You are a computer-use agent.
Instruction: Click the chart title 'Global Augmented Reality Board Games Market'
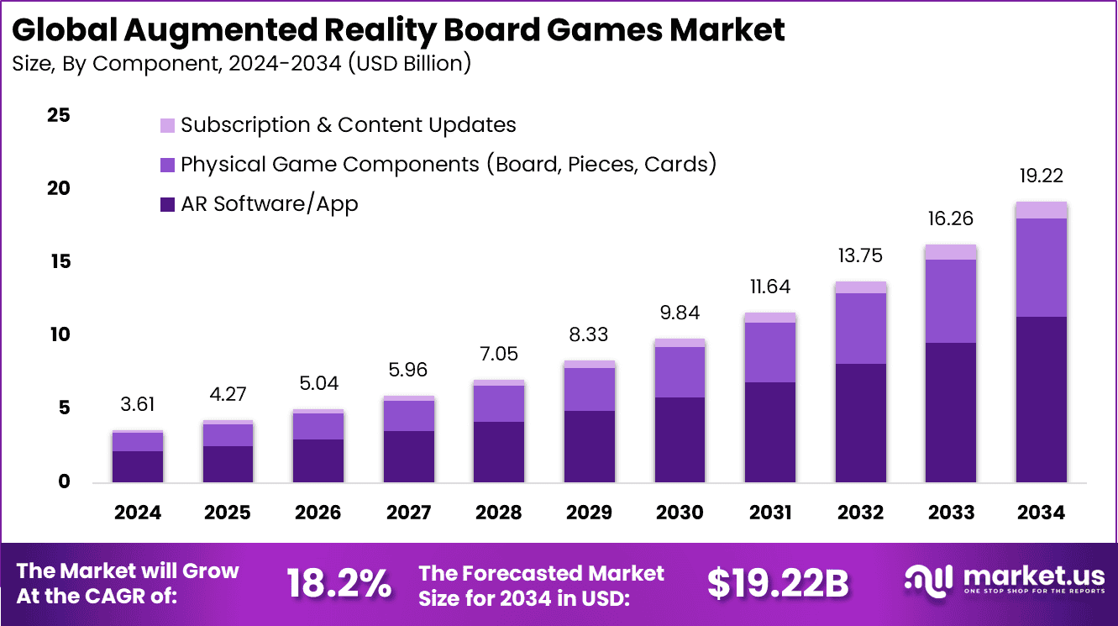(398, 30)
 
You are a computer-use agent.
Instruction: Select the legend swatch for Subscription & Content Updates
(167, 126)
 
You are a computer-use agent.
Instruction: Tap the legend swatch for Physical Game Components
(167, 165)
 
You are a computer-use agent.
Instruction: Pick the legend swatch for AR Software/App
(167, 204)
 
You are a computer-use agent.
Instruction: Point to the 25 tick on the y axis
(58, 115)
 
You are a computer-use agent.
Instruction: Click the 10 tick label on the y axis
(58, 335)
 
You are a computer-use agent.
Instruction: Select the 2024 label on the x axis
(137, 513)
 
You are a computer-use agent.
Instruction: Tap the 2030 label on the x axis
(680, 513)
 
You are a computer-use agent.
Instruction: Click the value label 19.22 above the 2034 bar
(1041, 176)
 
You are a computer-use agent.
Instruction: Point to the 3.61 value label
(137, 404)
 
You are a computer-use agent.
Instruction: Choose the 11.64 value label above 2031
(770, 287)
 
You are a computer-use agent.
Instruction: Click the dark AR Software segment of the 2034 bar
(1041, 399)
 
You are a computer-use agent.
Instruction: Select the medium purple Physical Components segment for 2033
(951, 301)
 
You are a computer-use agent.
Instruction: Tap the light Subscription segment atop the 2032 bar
(860, 287)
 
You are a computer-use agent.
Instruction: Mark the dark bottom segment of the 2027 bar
(408, 456)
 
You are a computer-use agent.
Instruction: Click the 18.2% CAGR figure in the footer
(339, 583)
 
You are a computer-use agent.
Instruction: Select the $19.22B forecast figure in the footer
(777, 583)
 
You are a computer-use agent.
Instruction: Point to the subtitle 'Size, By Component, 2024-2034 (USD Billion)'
(241, 64)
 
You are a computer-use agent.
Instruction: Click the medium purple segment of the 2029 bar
(589, 389)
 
